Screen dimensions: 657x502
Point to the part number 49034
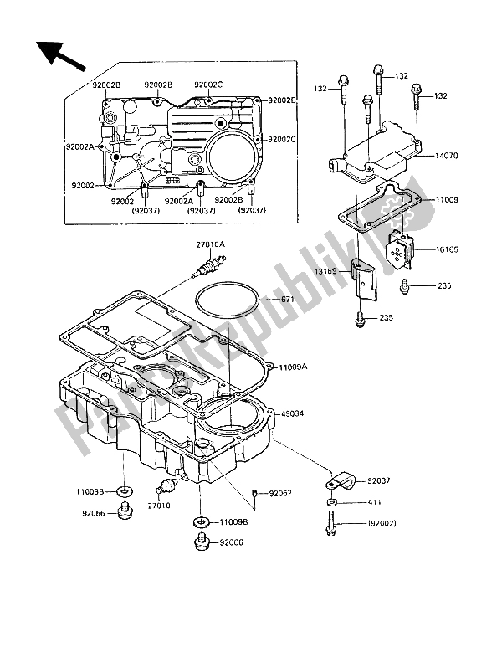point(292,413)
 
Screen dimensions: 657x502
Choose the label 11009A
point(295,366)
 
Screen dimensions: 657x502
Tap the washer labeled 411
point(331,502)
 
